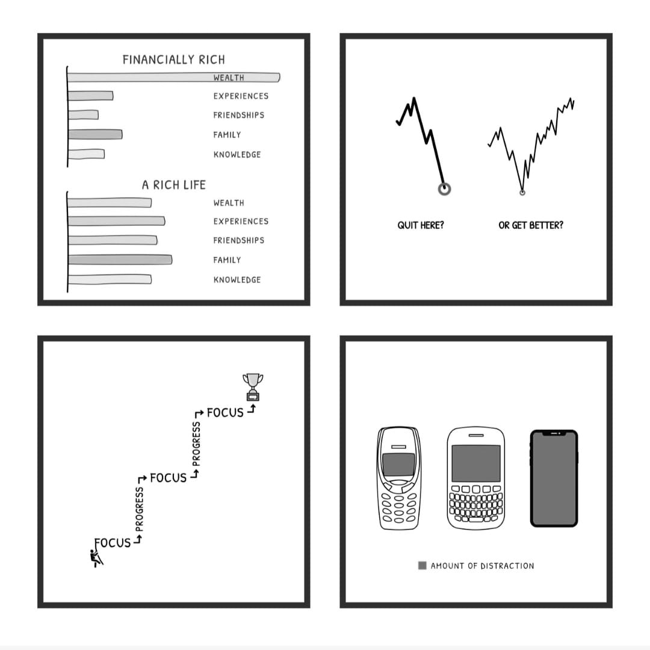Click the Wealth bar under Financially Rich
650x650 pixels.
[174, 78]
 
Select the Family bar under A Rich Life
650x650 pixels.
[120, 260]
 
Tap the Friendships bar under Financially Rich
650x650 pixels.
[83, 115]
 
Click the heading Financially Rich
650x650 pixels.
[174, 60]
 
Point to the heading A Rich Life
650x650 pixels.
[174, 185]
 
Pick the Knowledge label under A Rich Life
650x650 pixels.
[237, 280]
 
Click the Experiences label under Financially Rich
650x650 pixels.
[241, 96]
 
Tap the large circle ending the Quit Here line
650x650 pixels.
[444, 189]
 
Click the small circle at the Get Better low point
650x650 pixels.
[522, 193]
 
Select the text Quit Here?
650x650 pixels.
[420, 225]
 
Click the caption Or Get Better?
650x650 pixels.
[531, 225]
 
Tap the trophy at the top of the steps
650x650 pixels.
[253, 387]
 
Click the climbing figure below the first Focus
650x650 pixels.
[96, 558]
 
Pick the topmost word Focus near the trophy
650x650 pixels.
[225, 413]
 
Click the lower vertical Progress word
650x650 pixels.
[139, 509]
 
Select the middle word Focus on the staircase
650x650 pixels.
[169, 478]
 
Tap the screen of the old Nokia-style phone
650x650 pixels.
[398, 465]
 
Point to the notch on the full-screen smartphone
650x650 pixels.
[554, 433]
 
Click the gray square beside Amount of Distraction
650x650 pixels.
[422, 565]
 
